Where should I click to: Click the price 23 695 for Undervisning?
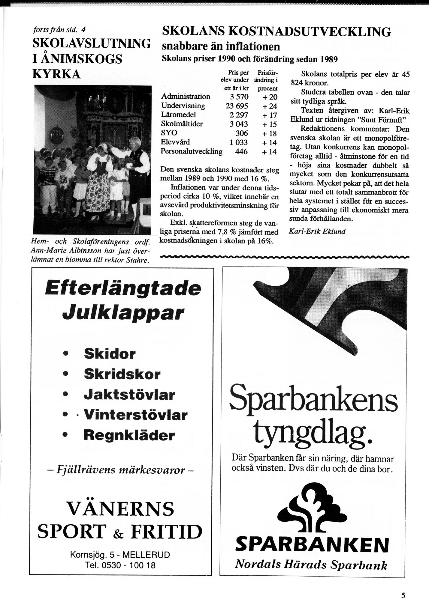237,106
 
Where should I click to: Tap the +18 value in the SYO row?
269,134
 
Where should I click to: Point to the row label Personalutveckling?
192,151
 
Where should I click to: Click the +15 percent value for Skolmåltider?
269,124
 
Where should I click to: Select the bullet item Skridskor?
122,374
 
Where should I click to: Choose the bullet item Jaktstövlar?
129,395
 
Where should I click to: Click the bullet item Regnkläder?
129,435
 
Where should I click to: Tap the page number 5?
403,595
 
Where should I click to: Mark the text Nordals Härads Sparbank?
311,565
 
